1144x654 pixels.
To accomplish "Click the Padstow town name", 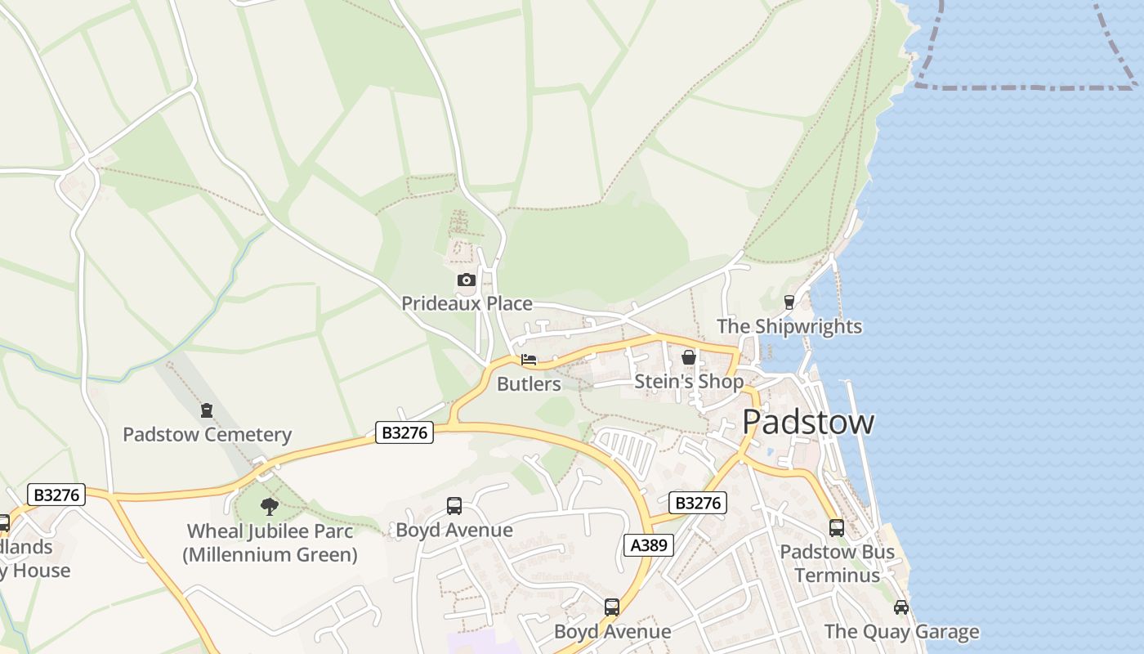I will click(x=808, y=422).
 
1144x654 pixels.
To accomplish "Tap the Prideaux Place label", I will click(x=467, y=303).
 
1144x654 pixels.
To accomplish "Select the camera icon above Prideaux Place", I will click(x=466, y=280).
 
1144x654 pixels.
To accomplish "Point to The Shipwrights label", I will click(x=789, y=326).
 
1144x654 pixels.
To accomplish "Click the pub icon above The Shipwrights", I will click(x=789, y=302).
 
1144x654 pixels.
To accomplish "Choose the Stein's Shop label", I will click(x=689, y=381).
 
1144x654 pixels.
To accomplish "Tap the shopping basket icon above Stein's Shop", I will click(x=689, y=357).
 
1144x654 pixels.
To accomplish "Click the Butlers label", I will click(x=529, y=383).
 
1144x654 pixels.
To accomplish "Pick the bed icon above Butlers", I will click(x=529, y=360).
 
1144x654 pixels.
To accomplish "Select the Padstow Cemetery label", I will click(x=207, y=434).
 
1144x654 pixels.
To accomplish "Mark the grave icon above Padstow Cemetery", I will click(x=207, y=410).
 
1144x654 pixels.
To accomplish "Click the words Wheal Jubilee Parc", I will click(x=270, y=531).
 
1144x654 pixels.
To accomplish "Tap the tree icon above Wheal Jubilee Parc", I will click(x=270, y=507).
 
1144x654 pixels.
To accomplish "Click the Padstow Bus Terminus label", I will click(x=837, y=563).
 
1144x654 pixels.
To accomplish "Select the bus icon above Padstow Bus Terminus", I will click(x=836, y=528).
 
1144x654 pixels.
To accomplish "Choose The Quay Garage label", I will click(x=901, y=631).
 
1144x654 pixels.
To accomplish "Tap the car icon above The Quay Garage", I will click(x=900, y=607).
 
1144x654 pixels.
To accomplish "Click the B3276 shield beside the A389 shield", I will click(x=698, y=503).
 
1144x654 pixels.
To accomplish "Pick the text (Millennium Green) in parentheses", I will click(x=270, y=555).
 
